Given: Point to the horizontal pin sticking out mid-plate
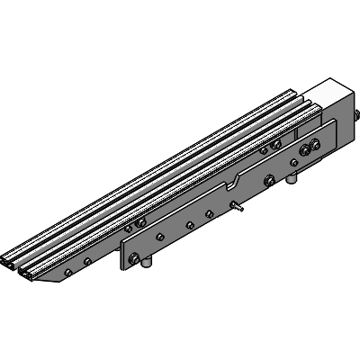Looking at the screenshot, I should pyautogui.click(x=238, y=208).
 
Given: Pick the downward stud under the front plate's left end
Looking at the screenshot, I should pyautogui.click(x=148, y=271).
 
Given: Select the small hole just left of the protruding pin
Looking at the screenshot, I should pyautogui.click(x=209, y=213).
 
